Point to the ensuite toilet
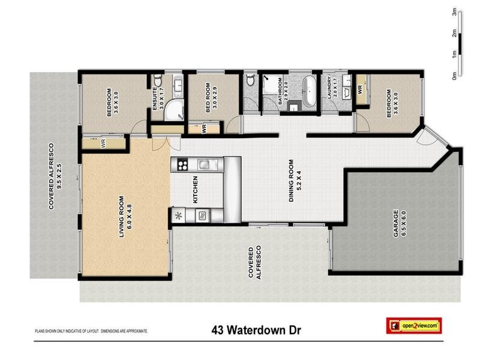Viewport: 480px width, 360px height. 158,82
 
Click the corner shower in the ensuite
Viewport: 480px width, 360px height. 173,109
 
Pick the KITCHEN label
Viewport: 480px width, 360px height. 195,189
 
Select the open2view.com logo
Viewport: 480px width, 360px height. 414,325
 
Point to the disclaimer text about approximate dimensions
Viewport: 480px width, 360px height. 91,331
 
